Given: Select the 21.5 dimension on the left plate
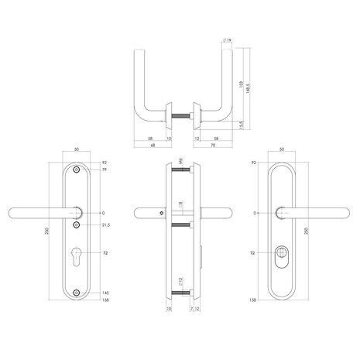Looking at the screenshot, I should [107, 225].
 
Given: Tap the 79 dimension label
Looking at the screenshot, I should [105, 170].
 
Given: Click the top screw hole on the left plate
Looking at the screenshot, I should [76, 170].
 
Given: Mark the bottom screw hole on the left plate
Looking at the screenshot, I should [76, 291].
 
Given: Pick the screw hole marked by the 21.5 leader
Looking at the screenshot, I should [76, 225].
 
